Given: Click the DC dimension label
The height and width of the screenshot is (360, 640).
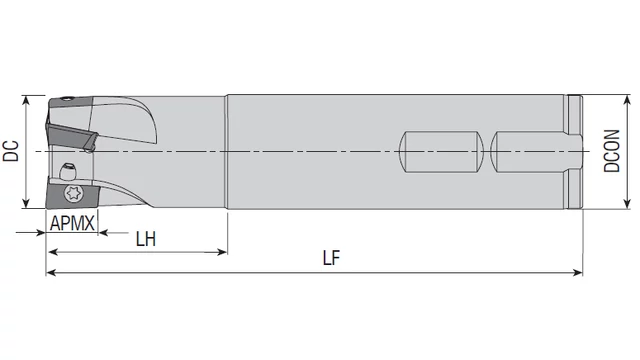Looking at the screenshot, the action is pyautogui.click(x=11, y=151).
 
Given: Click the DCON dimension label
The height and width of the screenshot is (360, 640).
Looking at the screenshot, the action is pyautogui.click(x=612, y=151).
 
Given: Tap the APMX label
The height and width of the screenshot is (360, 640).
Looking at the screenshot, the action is pyautogui.click(x=72, y=223).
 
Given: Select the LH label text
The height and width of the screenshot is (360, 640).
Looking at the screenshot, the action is pyautogui.click(x=146, y=239).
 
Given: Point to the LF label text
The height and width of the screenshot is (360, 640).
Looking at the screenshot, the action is pyautogui.click(x=331, y=258).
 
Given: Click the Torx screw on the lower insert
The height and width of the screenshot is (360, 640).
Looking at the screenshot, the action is pyautogui.click(x=73, y=193).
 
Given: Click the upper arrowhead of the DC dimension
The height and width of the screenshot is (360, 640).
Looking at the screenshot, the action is pyautogui.click(x=26, y=100).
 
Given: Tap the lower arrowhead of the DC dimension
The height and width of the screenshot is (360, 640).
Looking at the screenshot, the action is pyautogui.click(x=26, y=203).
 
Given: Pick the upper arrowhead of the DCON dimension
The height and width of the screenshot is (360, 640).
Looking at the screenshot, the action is pyautogui.click(x=627, y=100).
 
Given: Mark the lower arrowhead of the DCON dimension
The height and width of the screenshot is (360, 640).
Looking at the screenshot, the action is pyautogui.click(x=627, y=204).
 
